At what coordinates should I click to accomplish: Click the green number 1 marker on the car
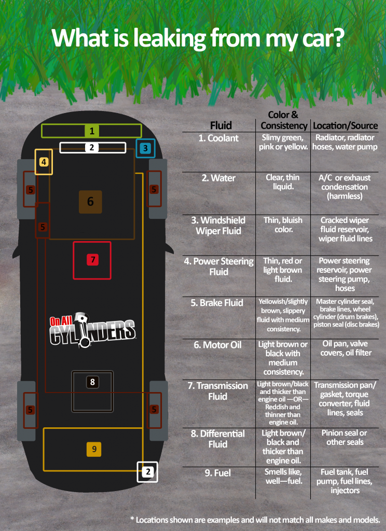91,131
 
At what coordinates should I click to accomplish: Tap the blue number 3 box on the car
145,148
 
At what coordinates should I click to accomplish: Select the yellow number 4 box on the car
44,162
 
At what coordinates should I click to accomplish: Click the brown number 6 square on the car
90,202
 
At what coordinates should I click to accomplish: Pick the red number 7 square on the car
92,260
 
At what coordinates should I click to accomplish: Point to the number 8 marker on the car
92,382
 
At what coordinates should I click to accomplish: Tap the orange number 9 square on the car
94,449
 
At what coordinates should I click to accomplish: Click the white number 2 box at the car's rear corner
147,472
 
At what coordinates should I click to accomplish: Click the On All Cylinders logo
92,330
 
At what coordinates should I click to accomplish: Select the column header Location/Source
346,125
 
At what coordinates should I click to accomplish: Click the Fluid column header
221,125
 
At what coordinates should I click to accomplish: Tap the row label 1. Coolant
218,138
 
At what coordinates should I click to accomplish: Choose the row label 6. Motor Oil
217,345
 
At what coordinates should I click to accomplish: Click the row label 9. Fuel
217,473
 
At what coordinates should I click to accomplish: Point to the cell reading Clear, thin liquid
283,182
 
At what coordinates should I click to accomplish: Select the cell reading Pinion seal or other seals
344,438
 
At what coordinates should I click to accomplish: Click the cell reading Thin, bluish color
283,225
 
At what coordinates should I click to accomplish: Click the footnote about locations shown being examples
255,520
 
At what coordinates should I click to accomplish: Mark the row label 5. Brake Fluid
217,303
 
